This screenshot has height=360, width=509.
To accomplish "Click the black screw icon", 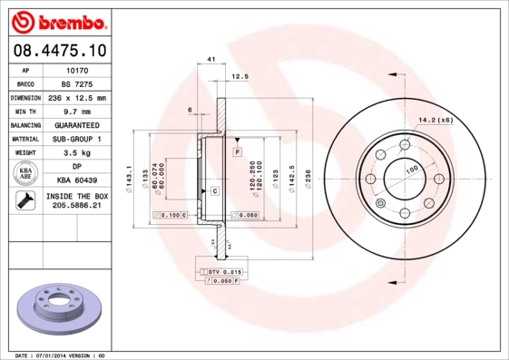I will tap(25, 201).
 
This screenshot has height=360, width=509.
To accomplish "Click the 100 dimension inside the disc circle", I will tap(411, 170).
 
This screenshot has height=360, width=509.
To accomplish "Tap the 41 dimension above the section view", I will tap(210, 60).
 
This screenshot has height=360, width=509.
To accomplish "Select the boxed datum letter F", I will tap(237, 153).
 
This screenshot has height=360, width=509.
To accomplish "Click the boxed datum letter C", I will tap(215, 191).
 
